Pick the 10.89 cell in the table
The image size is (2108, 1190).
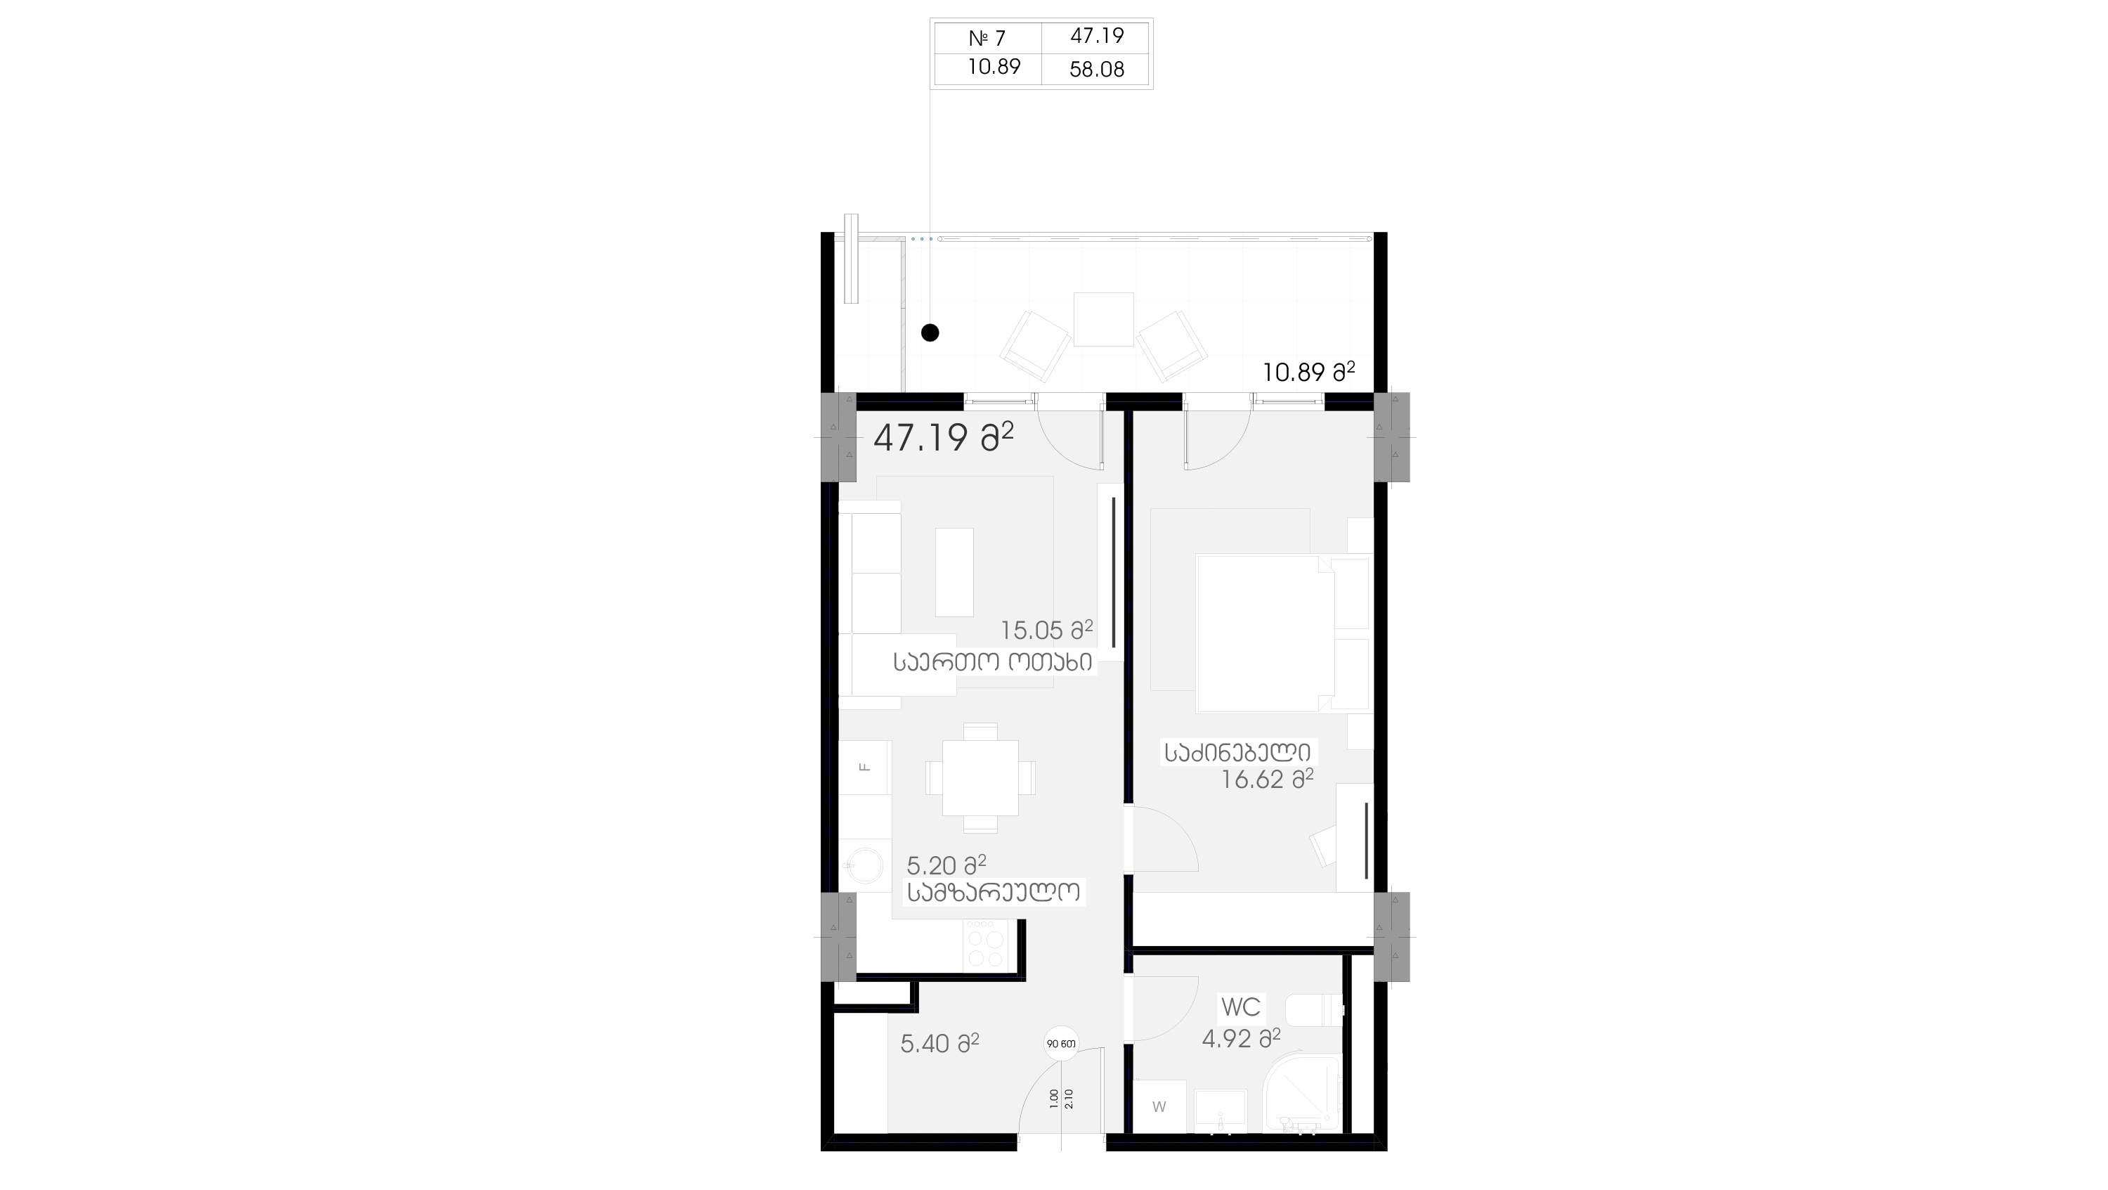[994, 67]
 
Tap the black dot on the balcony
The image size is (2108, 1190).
[930, 333]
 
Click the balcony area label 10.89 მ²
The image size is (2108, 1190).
[1308, 373]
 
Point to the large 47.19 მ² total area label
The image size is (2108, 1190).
[944, 437]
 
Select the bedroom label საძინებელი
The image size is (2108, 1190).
[1238, 752]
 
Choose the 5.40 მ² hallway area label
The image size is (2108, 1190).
[939, 1044]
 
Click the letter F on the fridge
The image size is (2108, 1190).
[864, 767]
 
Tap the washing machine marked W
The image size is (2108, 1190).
[1159, 1106]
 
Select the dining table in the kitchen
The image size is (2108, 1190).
[980, 777]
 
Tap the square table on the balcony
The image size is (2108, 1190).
[1103, 319]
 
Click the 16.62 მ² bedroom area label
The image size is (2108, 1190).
[1267, 779]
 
